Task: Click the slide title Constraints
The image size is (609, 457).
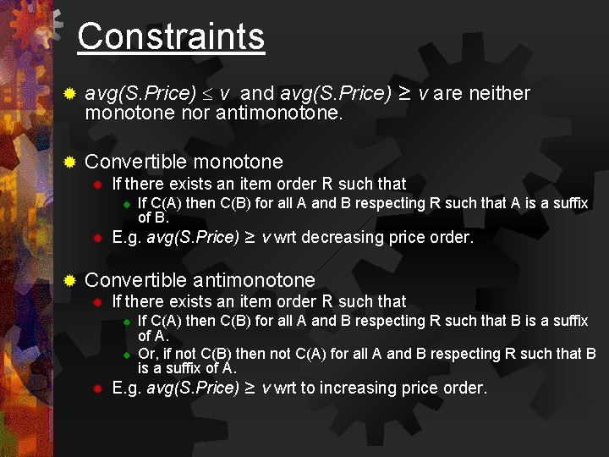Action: point(171,36)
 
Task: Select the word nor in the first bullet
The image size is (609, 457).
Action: point(195,113)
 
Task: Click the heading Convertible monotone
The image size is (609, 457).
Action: point(184,161)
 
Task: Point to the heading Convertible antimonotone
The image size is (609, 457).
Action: point(200,280)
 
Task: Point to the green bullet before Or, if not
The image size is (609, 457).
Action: point(124,354)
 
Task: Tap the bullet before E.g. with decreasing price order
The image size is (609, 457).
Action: point(97,238)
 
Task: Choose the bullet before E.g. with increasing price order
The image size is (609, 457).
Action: point(97,388)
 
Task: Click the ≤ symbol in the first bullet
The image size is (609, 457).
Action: point(208,94)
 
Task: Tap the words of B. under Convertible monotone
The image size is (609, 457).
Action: point(153,217)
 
